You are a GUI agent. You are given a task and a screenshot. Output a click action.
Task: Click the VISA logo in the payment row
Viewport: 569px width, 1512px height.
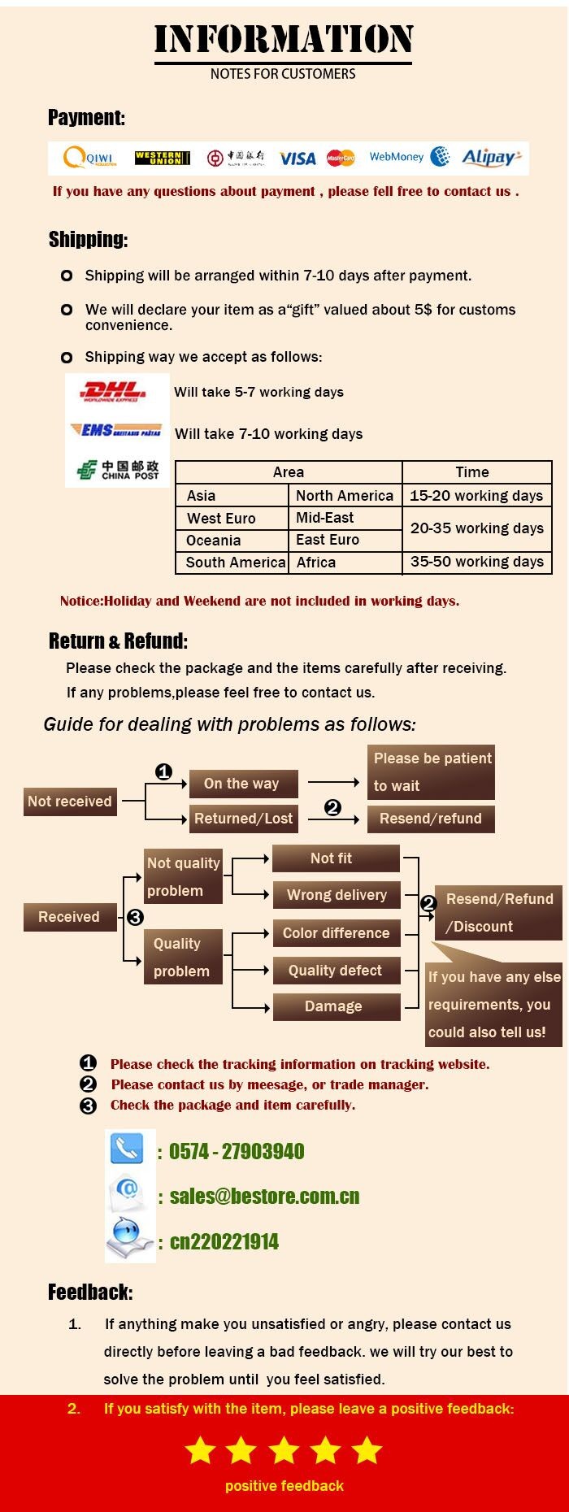(298, 159)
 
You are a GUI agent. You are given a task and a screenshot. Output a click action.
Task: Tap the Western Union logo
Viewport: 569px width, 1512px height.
(163, 158)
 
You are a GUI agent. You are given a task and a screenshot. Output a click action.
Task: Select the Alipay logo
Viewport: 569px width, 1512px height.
(491, 158)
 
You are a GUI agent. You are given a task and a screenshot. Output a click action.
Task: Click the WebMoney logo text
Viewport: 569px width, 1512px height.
(397, 157)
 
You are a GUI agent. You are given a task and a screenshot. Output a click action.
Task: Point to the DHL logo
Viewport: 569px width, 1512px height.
(114, 392)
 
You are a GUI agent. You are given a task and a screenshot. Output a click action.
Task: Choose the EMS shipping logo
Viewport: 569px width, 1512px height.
(115, 430)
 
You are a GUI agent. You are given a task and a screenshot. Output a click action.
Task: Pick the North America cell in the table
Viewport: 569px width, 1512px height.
(345, 496)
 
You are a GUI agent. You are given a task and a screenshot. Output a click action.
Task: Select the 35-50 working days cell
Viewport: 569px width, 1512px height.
(477, 562)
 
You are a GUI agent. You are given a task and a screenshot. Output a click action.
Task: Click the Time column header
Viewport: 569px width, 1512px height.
(472, 472)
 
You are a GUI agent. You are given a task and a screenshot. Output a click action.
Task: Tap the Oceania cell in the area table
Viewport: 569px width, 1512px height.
(214, 541)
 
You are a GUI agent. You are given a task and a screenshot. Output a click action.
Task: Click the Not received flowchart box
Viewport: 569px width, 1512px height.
(70, 802)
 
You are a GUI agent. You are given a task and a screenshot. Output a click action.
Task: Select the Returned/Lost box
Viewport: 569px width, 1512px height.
(243, 819)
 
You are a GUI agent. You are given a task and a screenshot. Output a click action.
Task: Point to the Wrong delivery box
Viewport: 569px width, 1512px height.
(337, 895)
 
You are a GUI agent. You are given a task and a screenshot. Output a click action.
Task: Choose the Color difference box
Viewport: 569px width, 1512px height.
(336, 933)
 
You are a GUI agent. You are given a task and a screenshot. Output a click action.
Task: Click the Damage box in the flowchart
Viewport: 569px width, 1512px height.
(333, 1006)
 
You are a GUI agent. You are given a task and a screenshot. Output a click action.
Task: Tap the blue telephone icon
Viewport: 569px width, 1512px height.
(127, 1149)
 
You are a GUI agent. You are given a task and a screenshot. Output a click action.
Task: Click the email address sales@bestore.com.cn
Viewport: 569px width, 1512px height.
(264, 1196)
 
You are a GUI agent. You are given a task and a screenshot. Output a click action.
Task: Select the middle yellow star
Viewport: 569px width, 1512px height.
(284, 1449)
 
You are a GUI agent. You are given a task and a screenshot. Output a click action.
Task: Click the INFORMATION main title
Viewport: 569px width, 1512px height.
(284, 39)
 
